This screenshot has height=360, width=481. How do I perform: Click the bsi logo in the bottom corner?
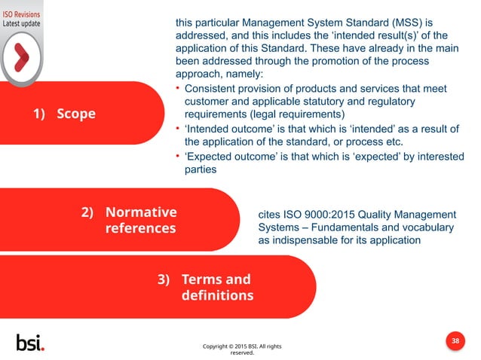tap(30, 342)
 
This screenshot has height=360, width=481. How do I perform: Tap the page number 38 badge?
tap(455, 341)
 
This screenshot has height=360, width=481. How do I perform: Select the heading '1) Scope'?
tap(63, 114)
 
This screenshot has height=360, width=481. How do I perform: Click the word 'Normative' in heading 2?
tap(141, 212)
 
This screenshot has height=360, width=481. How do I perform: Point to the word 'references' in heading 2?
tap(140, 227)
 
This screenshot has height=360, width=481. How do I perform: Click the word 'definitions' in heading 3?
tap(217, 294)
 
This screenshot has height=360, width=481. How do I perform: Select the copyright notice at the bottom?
tap(242, 349)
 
